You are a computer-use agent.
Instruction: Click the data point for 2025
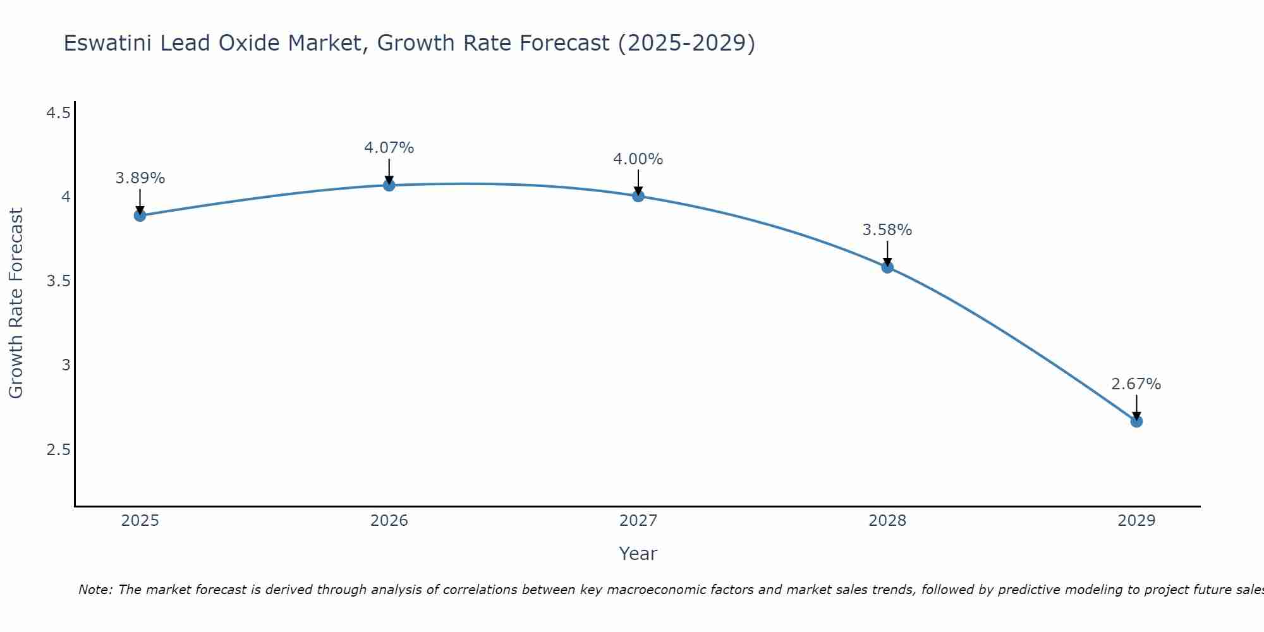(140, 216)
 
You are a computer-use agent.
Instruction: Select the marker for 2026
(389, 185)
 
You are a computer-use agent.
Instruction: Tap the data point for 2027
(638, 196)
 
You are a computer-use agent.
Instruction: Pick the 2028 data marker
(887, 267)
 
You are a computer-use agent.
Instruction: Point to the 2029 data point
(1136, 421)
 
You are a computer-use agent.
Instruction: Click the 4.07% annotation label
(389, 148)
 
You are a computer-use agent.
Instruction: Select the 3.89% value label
(140, 178)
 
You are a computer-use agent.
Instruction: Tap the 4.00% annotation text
(638, 159)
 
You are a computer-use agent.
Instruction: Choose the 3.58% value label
(887, 230)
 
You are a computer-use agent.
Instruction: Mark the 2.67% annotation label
(1136, 384)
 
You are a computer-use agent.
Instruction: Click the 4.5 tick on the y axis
(58, 113)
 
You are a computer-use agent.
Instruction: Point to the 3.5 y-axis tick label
(58, 281)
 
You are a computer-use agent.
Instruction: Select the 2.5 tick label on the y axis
(58, 450)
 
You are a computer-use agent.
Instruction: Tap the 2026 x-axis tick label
(389, 521)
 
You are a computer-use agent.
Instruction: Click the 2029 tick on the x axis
(1136, 521)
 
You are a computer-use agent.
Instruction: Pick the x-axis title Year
(638, 554)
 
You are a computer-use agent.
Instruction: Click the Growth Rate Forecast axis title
(16, 303)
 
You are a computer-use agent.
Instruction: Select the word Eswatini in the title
(107, 43)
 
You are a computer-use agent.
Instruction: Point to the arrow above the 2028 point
(887, 253)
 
